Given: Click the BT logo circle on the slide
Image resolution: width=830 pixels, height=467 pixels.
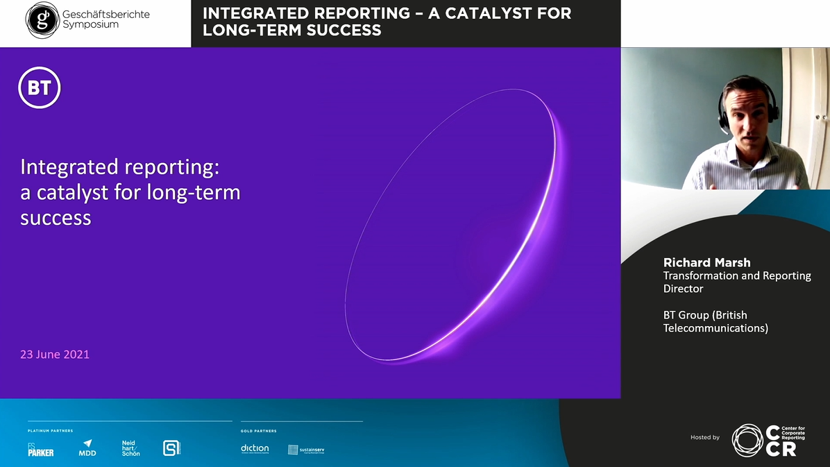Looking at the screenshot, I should [40, 88].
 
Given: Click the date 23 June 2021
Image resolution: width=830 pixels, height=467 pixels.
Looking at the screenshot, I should [55, 354].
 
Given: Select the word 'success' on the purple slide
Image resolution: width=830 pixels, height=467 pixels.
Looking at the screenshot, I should [56, 218].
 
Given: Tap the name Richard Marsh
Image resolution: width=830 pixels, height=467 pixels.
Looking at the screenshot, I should [706, 262].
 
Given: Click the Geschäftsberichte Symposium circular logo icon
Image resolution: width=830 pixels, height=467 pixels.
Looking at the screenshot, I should [42, 20].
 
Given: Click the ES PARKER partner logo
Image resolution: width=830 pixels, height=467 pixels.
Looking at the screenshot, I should [40, 450].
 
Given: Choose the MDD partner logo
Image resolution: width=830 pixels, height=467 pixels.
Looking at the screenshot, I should [87, 448].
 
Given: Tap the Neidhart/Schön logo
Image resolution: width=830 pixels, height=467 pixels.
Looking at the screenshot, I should [130, 448].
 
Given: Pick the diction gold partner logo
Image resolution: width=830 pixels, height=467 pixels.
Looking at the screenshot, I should [255, 449].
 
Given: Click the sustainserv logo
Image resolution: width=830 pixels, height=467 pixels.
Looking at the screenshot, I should [306, 450].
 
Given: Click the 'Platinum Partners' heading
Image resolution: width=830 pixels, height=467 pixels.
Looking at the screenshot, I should [50, 431].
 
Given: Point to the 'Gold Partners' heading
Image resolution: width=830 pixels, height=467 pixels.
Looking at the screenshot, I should [259, 431].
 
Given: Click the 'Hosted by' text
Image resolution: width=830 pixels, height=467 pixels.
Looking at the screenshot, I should [704, 437].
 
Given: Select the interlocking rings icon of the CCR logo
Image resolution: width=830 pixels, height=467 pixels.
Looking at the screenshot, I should [747, 440].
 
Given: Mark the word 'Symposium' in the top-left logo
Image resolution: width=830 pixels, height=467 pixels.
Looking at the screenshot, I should [90, 25].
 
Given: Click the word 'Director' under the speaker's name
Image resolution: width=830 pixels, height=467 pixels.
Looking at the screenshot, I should [683, 289].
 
